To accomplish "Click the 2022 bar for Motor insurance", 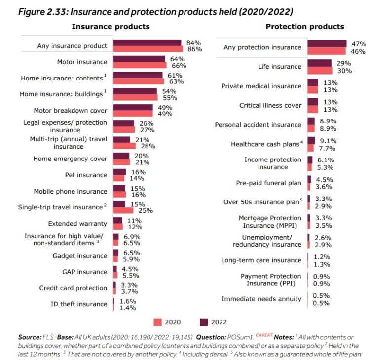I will (139, 59).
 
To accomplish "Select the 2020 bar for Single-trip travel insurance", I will (123, 210).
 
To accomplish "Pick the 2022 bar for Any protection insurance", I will (327, 44).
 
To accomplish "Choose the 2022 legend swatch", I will (203, 322).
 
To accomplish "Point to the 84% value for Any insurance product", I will (190, 43).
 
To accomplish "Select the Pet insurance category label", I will (86, 175).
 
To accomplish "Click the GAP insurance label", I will (86, 272).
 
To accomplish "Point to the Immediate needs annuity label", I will (261, 299).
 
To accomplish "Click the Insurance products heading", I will (111, 26).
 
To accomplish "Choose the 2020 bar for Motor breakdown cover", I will (133, 114).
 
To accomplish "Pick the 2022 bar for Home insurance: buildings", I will (135, 91).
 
